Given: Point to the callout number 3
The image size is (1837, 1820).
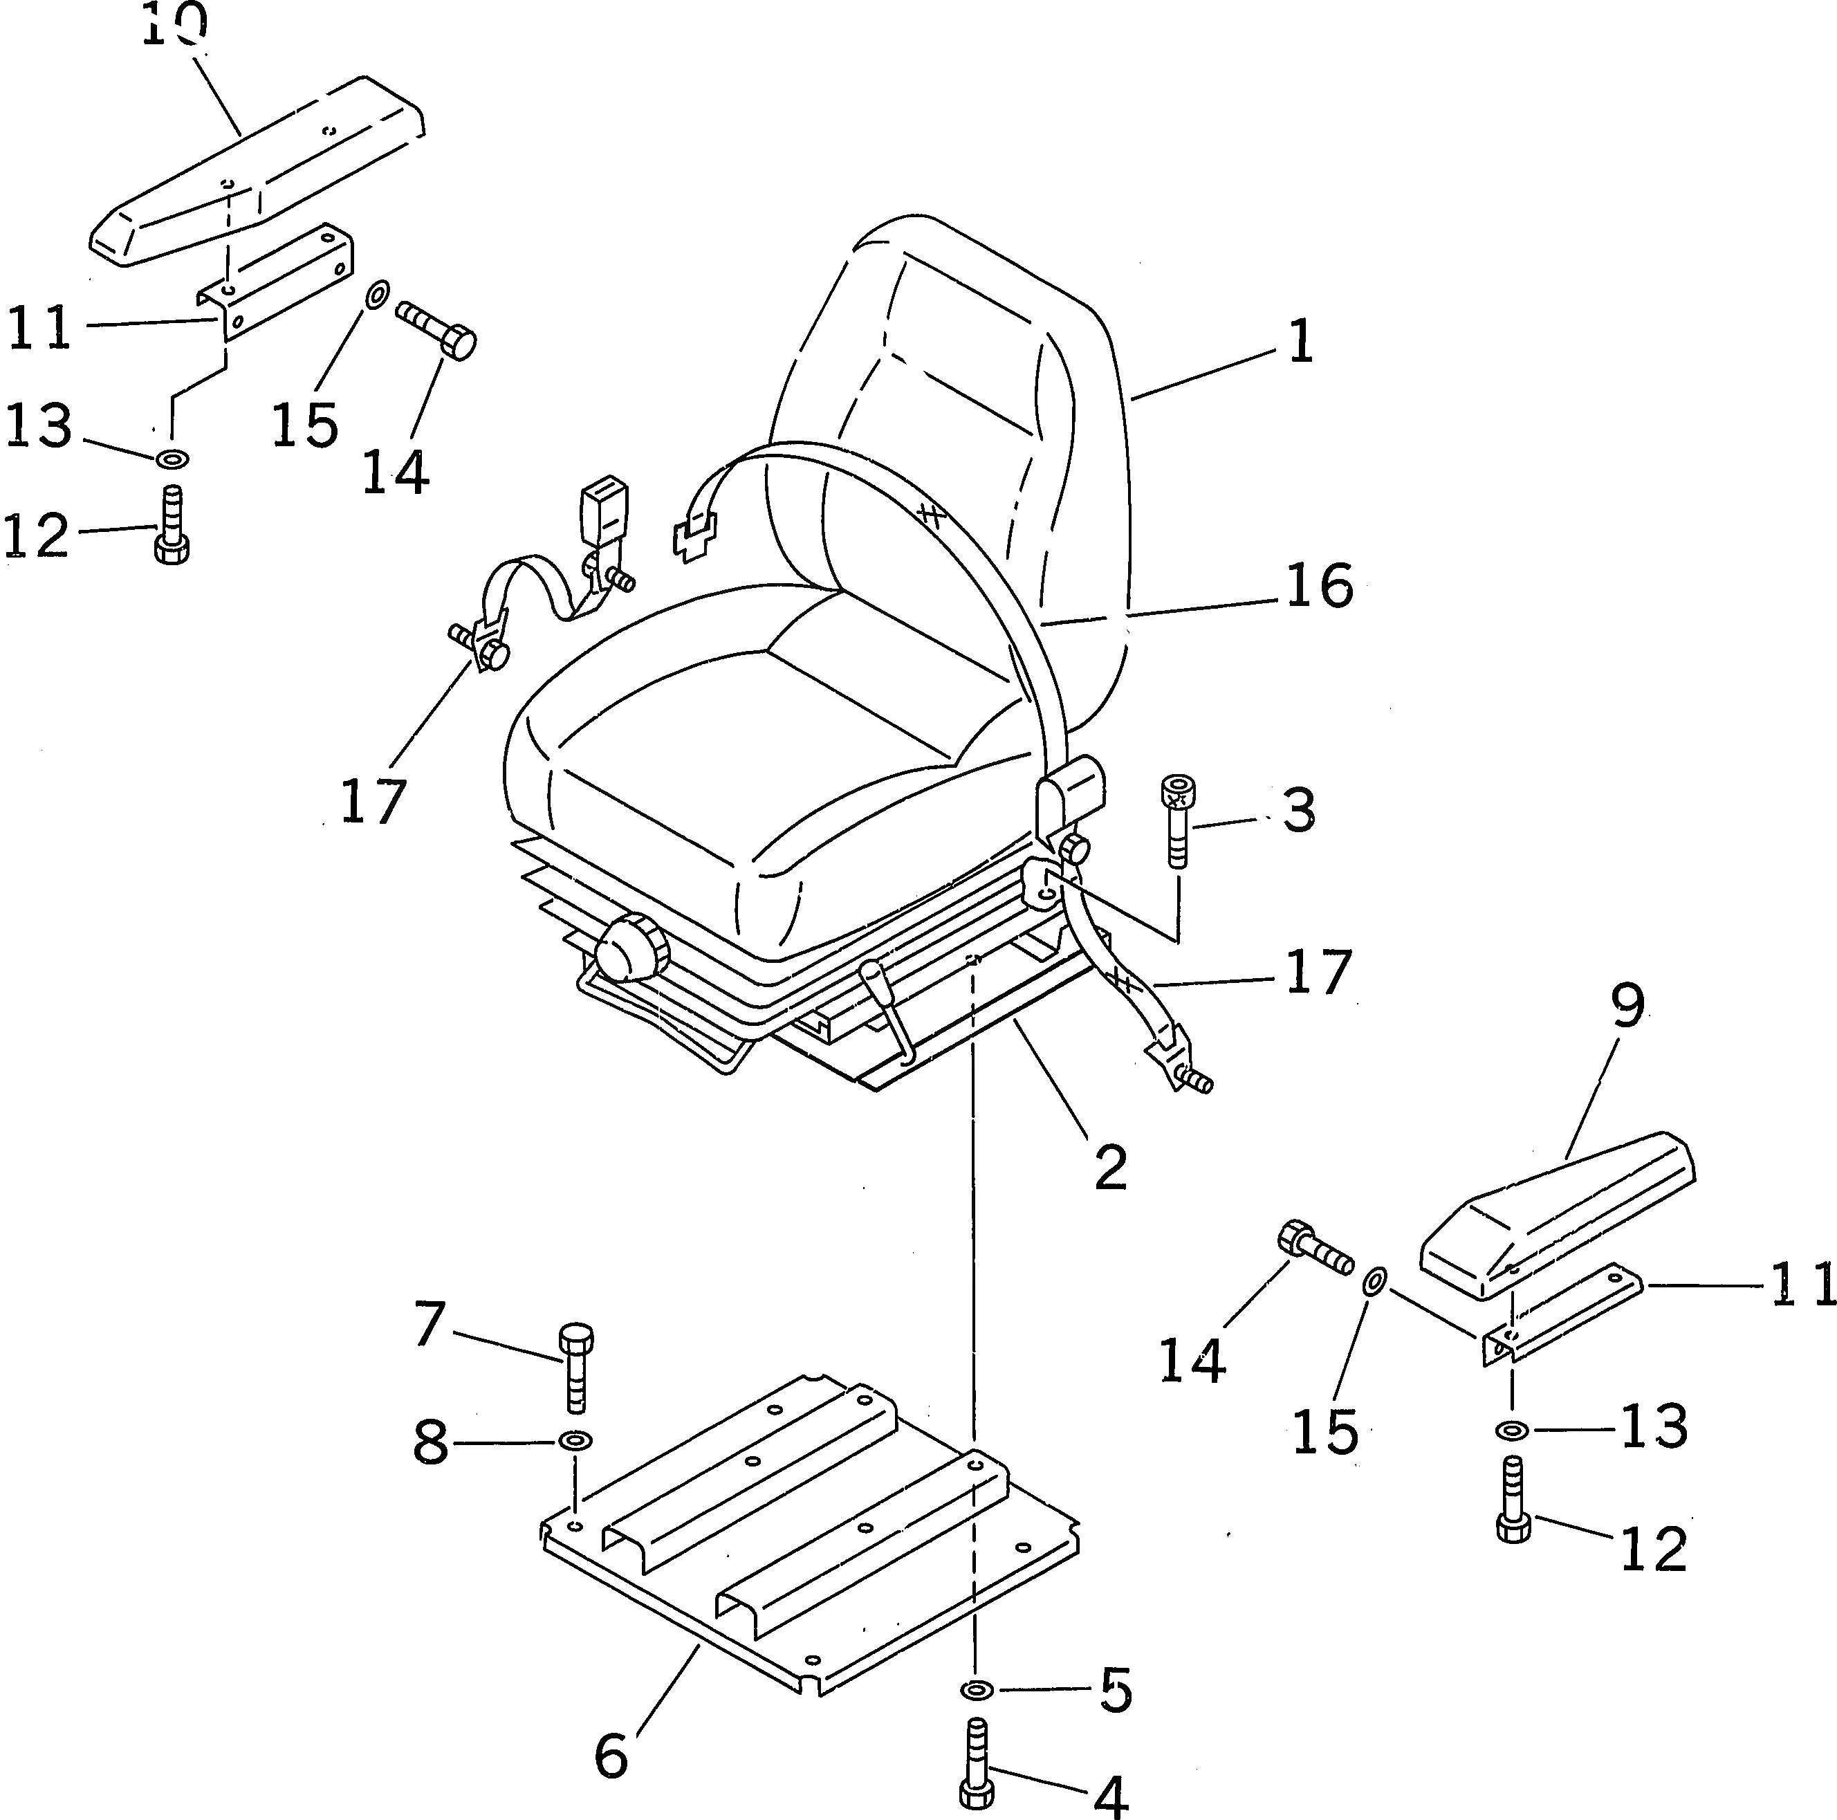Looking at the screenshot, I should pyautogui.click(x=1299, y=810).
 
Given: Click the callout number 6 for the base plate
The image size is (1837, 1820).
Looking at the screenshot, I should pyautogui.click(x=611, y=1756).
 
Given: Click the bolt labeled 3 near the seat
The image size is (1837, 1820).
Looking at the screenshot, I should pyautogui.click(x=1178, y=822).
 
